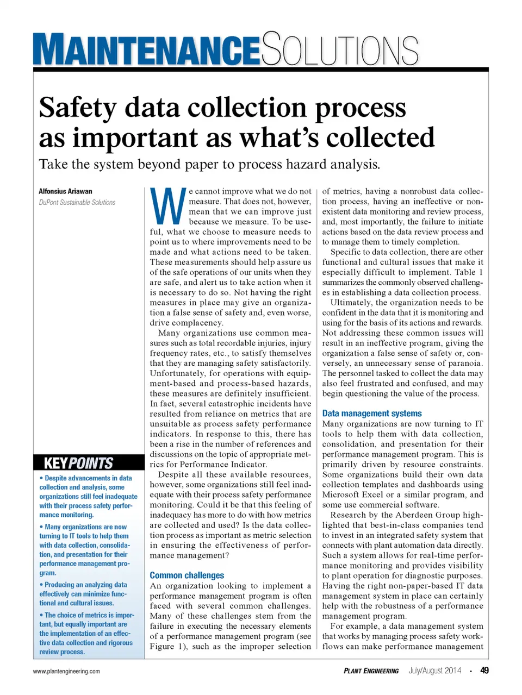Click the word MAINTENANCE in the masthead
(x=146, y=50)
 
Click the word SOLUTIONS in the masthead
(x=340, y=50)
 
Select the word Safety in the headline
(x=77, y=108)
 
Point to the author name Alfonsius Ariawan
(x=65, y=191)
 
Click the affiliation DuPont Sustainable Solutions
(x=77, y=202)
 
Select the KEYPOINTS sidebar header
(x=78, y=463)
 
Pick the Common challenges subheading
(x=187, y=575)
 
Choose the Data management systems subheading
(x=371, y=414)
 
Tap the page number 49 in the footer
(x=484, y=671)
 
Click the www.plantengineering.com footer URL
(x=66, y=671)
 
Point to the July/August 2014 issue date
(x=434, y=671)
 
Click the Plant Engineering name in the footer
(x=371, y=671)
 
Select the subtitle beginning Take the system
(x=209, y=164)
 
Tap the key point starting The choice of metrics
(x=87, y=633)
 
